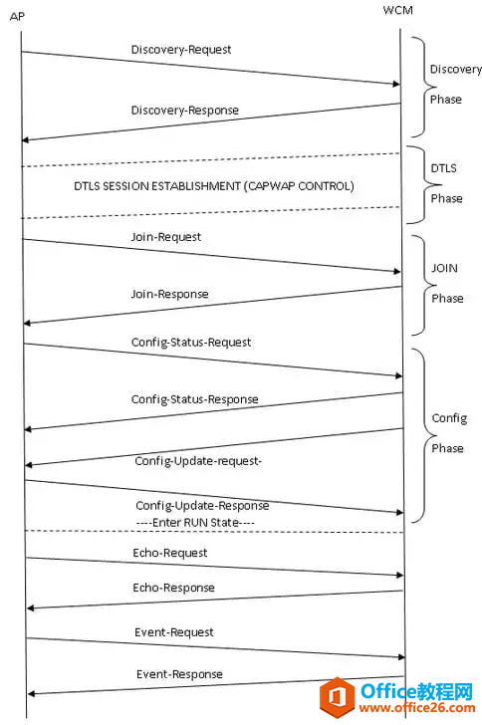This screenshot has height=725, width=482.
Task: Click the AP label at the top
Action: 17,17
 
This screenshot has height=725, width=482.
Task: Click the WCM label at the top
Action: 397,10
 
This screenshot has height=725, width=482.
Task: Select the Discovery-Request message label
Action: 181,50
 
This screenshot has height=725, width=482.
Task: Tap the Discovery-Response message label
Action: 185,111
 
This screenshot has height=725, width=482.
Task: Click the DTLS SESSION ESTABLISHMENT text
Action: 157,186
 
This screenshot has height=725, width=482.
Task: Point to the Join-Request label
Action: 166,237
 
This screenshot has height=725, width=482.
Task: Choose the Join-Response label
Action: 169,294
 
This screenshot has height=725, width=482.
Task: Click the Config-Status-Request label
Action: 191,343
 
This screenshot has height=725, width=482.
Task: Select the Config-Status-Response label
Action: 195,399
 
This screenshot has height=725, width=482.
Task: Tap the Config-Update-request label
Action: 198,461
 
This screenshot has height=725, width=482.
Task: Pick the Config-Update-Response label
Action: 202,506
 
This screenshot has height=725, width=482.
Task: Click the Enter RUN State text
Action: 195,523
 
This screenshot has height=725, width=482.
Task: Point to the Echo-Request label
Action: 169,553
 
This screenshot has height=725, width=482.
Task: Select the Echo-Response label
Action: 173,588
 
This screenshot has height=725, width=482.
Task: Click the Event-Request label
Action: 174,632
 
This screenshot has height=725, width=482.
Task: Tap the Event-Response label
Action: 179,674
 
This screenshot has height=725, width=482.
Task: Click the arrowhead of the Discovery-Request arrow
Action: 396,84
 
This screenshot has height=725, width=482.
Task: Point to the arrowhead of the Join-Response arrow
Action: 27,323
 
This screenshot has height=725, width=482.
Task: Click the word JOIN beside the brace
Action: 444,268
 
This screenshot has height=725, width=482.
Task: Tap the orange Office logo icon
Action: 338,697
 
